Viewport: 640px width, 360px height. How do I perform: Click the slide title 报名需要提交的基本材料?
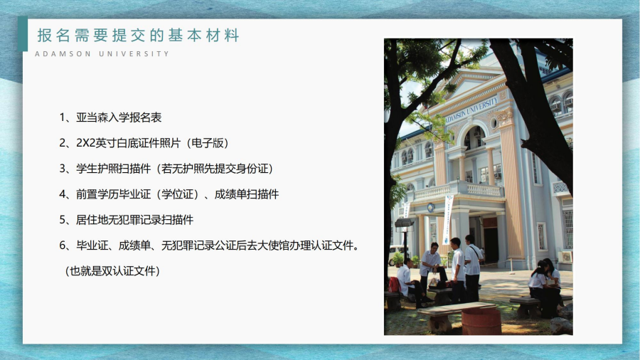coord(139,36)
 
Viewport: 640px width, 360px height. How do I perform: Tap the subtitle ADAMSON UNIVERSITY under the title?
coord(102,54)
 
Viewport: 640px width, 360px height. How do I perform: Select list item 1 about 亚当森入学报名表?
coord(110,117)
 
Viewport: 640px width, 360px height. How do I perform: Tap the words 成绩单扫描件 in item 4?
coord(247,194)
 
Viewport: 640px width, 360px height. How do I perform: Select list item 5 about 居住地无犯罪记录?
coord(126,220)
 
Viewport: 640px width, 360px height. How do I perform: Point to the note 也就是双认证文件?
coord(112,271)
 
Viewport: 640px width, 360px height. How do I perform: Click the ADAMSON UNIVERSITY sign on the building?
coord(471,110)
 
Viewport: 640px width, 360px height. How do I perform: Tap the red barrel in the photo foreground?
coord(481,321)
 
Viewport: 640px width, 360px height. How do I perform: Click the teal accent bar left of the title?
coord(23,34)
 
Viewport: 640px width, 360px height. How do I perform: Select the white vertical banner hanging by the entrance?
coord(448,219)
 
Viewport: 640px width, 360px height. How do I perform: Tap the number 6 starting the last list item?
coord(63,245)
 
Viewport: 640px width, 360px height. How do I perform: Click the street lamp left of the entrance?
coord(404,238)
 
